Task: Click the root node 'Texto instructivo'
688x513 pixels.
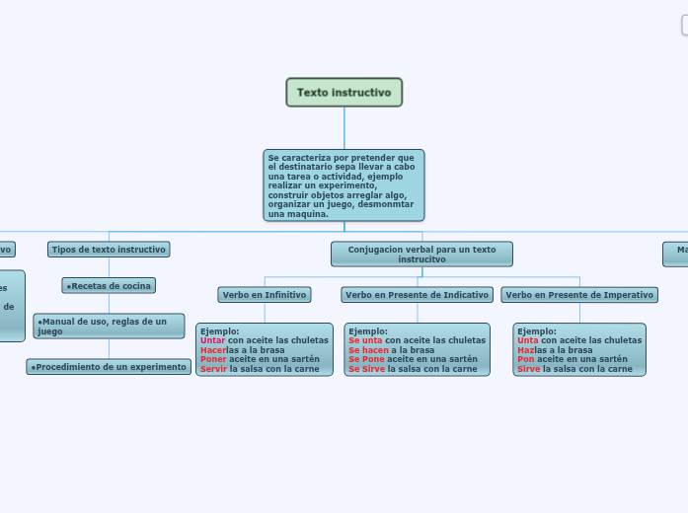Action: coord(344,93)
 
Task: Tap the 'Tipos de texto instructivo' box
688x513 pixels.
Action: coord(109,250)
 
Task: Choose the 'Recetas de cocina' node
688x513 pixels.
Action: coord(109,286)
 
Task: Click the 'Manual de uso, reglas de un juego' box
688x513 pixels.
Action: coord(109,326)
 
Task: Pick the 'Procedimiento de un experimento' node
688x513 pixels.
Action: coord(109,367)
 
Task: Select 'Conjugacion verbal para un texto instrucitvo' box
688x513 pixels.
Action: coord(421,255)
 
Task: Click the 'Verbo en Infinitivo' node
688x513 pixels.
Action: coord(265,295)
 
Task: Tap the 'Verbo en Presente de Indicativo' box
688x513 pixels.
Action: coord(417,295)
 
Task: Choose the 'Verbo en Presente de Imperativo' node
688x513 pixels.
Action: coord(579,295)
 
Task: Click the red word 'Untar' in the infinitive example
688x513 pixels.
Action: coord(212,340)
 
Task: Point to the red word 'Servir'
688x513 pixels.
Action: coord(213,369)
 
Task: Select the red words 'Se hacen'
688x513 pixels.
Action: coord(368,350)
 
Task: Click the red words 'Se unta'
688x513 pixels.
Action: coord(365,340)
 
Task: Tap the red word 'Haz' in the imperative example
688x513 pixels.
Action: coord(525,350)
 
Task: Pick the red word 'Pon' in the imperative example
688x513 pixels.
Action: coord(525,359)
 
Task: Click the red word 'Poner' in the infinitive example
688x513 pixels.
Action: coord(213,359)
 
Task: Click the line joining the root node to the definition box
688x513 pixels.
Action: coord(344,128)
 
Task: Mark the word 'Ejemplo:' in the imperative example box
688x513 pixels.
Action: coord(537,331)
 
